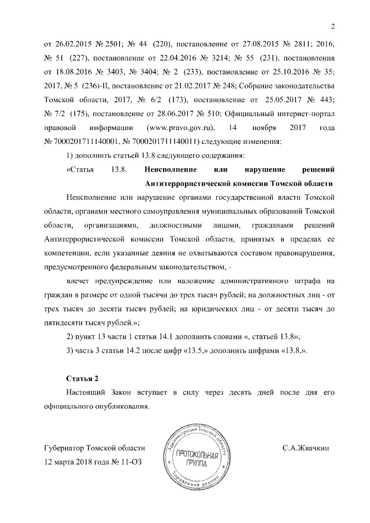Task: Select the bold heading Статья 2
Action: tap(83, 379)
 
